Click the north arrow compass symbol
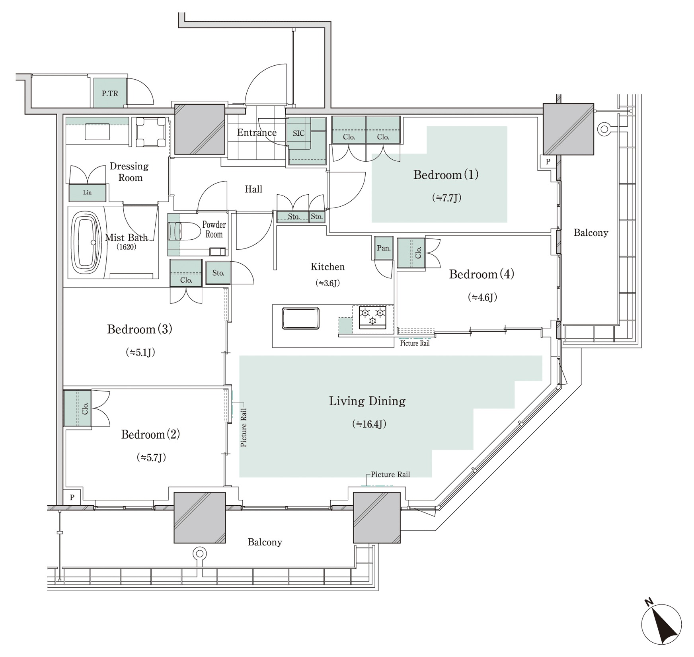tap(661, 624)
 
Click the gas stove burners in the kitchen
tap(372, 317)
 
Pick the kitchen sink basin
tap(300, 319)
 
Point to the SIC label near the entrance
tap(298, 133)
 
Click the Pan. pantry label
tap(384, 248)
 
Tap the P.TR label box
tap(110, 94)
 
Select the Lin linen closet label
tap(88, 193)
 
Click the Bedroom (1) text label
tap(446, 175)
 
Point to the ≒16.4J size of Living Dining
tap(369, 424)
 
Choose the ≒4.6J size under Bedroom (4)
tap(482, 297)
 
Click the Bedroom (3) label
tap(140, 329)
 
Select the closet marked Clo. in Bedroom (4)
tap(411, 253)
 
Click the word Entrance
tap(257, 133)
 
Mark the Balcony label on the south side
tap(265, 542)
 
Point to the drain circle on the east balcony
tap(604, 129)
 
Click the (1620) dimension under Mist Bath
tap(126, 247)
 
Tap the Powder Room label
tap(214, 229)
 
